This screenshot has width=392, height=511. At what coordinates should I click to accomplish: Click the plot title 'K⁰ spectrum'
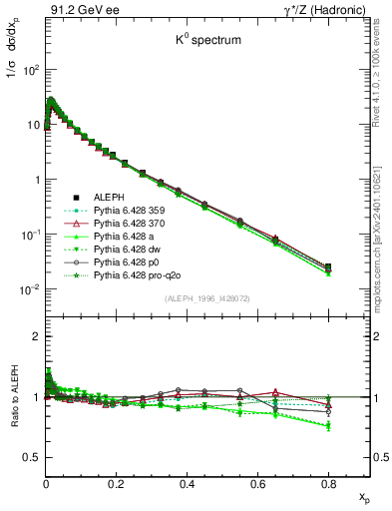coord(206,42)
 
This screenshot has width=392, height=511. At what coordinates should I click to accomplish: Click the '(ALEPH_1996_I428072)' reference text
coord(207,298)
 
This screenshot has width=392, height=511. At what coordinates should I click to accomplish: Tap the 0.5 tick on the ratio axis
coord(31,457)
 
